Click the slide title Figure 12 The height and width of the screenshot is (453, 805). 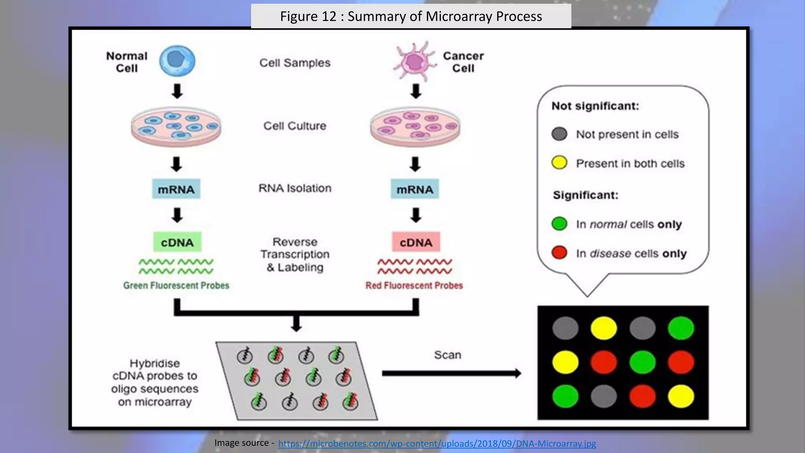411,17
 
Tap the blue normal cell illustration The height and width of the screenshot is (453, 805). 177,61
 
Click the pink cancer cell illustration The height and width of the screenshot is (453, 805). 414,62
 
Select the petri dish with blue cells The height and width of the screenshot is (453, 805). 176,126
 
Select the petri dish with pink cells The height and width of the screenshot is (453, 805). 415,126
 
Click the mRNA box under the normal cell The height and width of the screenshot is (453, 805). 176,189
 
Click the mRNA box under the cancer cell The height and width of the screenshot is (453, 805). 415,189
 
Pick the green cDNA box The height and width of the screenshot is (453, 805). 177,242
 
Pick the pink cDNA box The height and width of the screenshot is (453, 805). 416,242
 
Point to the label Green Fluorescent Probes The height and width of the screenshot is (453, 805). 176,285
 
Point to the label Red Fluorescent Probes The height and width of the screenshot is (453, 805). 414,285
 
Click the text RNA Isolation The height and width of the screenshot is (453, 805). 295,188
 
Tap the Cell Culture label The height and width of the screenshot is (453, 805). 295,126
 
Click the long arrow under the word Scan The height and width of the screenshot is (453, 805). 451,373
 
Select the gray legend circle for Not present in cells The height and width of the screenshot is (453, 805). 559,134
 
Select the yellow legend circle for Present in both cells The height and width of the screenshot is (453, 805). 559,162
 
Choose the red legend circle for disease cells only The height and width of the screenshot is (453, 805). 559,252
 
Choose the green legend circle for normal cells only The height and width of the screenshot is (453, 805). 559,223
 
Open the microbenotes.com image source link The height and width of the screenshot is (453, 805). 437,444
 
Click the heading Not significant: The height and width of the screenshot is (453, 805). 595,106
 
